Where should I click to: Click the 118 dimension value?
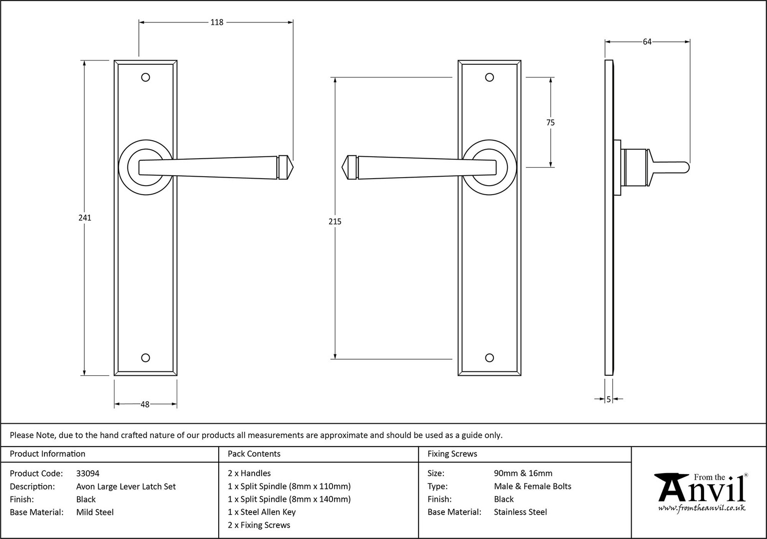click(217, 22)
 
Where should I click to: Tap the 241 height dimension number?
click(85, 218)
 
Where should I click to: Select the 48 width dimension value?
click(145, 405)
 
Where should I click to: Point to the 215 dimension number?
click(335, 222)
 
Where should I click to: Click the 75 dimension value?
click(551, 122)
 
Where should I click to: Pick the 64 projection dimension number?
click(647, 42)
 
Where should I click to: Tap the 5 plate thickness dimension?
click(609, 399)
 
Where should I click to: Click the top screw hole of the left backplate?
click(145, 77)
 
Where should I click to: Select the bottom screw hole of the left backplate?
click(145, 358)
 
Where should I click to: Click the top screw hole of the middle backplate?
click(490, 77)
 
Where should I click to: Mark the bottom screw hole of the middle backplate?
click(490, 358)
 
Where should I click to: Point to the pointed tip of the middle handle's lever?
click(342, 168)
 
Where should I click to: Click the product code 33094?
click(88, 473)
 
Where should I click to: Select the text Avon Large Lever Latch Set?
click(126, 486)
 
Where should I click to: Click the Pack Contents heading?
click(254, 454)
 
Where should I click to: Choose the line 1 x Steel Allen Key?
click(262, 512)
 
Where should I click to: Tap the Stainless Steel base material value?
click(520, 512)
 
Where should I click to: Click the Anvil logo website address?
click(702, 508)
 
